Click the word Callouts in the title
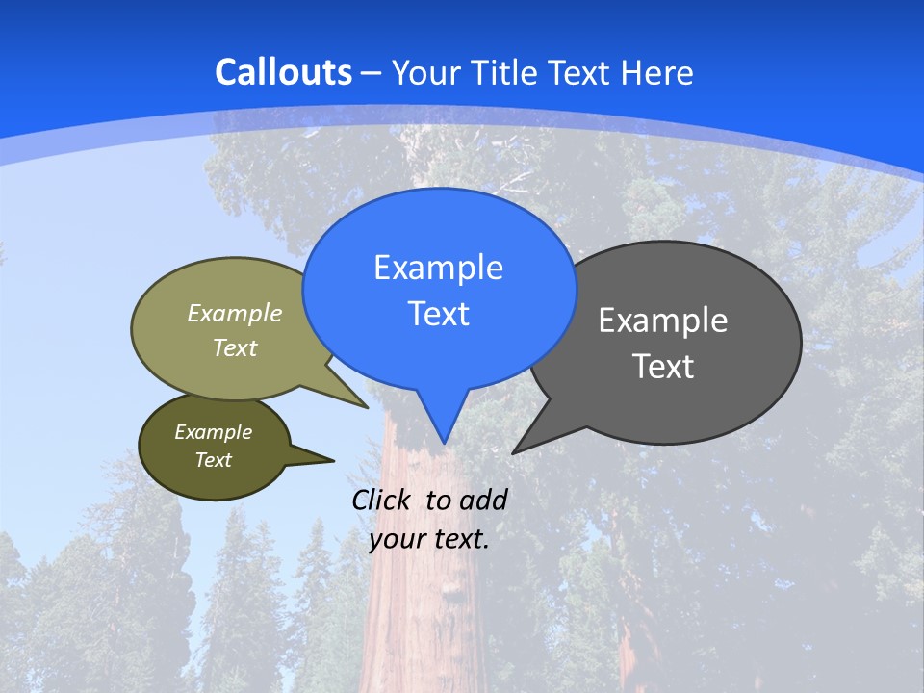[284, 72]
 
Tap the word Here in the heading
[657, 72]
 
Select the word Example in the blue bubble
[439, 268]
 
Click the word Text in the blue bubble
[439, 314]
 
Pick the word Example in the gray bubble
[663, 321]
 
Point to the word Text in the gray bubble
[663, 367]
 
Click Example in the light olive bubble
[235, 314]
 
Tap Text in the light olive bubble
[235, 348]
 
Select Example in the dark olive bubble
[214, 432]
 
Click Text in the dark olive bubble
[214, 460]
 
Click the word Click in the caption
[384, 500]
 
